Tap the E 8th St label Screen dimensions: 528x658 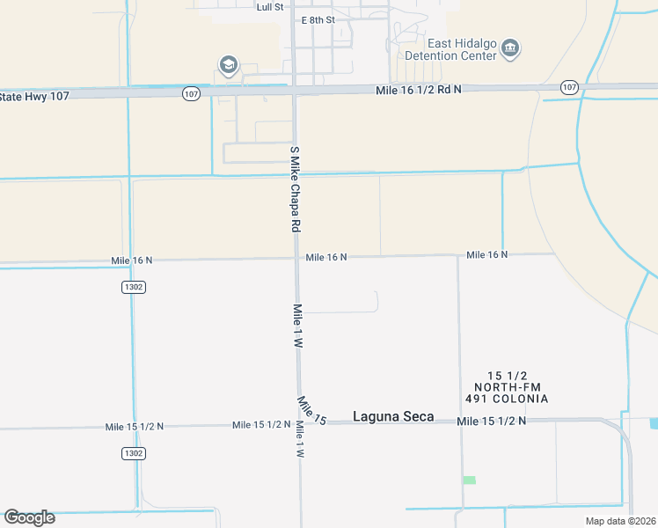pos(318,19)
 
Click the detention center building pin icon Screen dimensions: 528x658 pos(510,49)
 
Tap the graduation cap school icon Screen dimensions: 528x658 pos(229,64)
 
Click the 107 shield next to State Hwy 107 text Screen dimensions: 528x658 pos(193,92)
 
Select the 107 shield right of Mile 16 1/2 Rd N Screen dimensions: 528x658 pos(569,87)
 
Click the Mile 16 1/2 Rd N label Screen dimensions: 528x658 pos(418,90)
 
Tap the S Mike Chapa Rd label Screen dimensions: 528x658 pos(296,188)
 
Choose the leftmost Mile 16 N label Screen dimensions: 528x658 pos(132,260)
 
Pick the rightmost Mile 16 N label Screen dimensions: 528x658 pos(487,254)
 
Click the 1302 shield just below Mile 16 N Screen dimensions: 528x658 pos(133,287)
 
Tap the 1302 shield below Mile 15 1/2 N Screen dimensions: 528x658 pos(133,452)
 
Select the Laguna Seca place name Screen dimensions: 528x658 pos(393,416)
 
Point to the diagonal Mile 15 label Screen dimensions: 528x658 pos(311,411)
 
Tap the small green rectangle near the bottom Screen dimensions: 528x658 pos(470,480)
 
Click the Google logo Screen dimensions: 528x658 pos(29,517)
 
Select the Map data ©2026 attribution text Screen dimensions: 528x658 pos(620,521)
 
